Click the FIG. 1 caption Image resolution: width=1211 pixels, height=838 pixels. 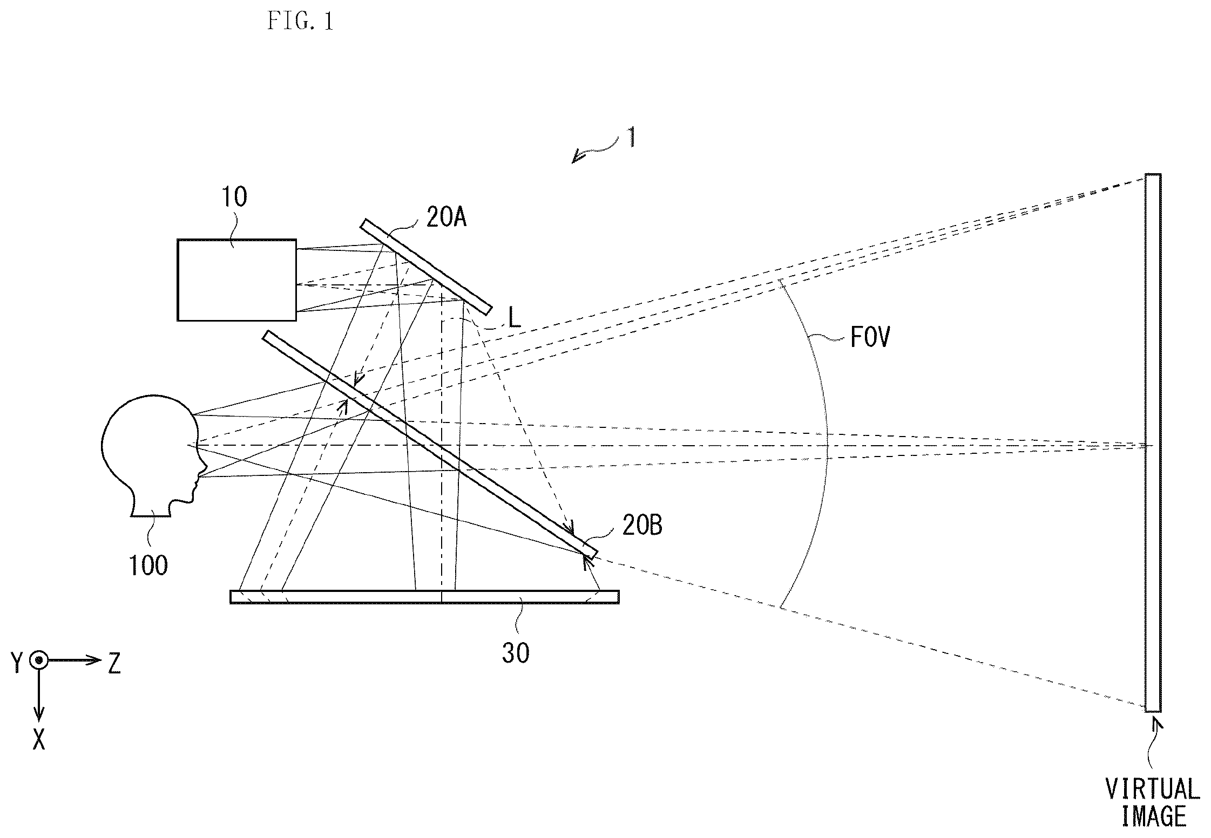[x=300, y=21]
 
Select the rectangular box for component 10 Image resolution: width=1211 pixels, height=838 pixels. [x=236, y=280]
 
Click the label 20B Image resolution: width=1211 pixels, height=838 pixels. [x=642, y=525]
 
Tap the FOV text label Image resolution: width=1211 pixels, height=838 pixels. [x=870, y=338]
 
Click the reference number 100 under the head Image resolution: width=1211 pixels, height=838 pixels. [x=148, y=566]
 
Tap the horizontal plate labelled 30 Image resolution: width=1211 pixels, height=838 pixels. [x=424, y=596]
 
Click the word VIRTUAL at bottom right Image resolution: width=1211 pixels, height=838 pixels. [x=1152, y=789]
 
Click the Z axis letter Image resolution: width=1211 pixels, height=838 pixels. [x=114, y=663]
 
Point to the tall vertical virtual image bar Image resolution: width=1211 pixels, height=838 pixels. [x=1152, y=442]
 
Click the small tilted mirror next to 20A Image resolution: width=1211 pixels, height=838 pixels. [x=426, y=267]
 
